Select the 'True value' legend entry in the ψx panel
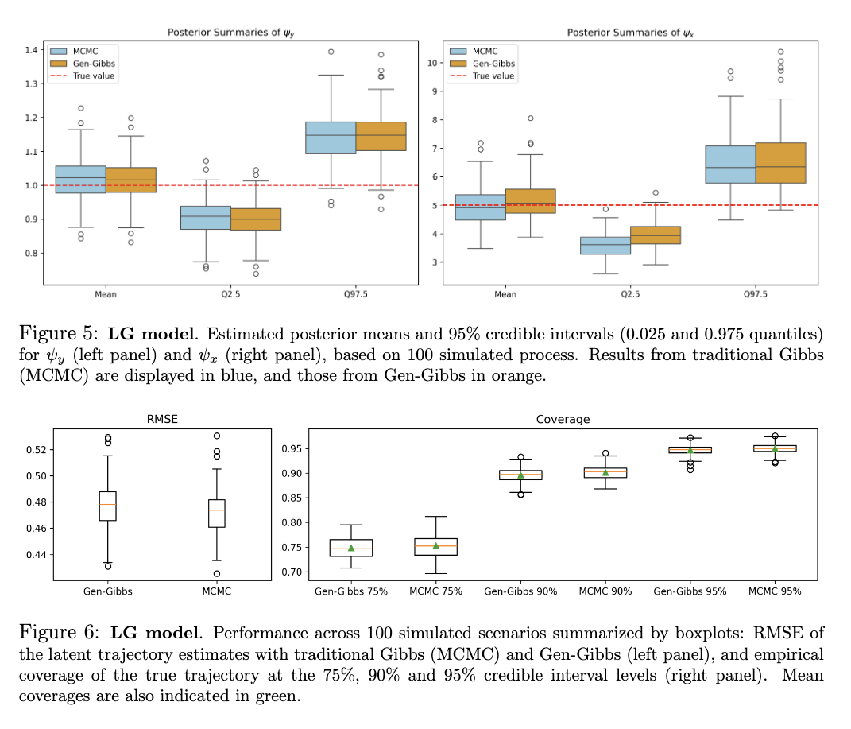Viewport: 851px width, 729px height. coord(493,76)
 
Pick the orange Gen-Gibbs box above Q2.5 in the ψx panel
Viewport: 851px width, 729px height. coord(655,235)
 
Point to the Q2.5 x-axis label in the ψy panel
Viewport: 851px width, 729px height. coord(230,294)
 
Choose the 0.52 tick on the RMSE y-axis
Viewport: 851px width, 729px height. coord(37,450)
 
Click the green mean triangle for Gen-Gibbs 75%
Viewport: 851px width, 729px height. coord(350,548)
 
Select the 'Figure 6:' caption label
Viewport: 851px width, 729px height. coord(60,634)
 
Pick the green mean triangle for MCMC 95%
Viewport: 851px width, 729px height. coord(774,449)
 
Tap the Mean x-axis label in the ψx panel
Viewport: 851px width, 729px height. coord(505,294)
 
